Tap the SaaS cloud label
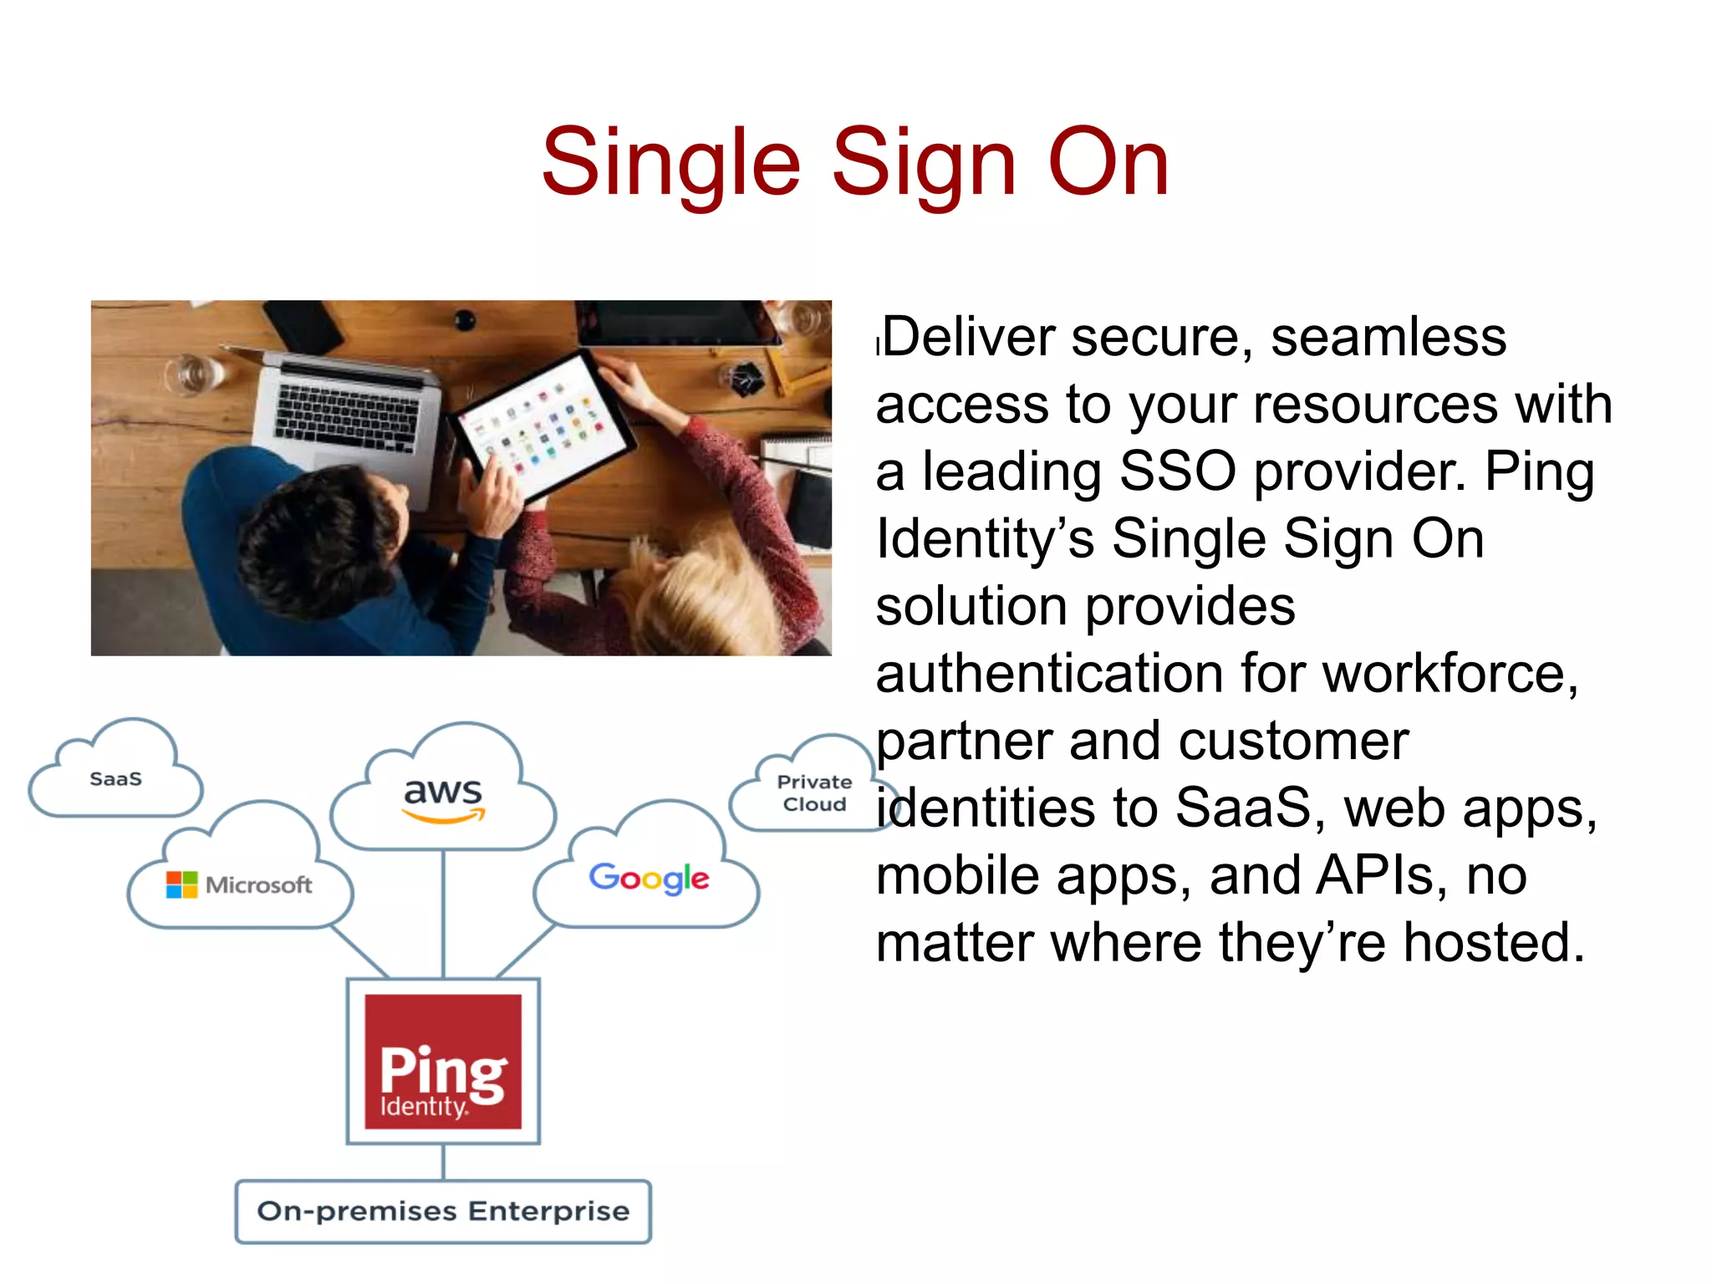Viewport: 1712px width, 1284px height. [x=115, y=779]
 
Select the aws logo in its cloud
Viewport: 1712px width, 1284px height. [x=443, y=795]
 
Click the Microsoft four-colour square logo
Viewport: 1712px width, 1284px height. [x=181, y=884]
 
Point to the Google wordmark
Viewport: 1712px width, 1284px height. [x=649, y=878]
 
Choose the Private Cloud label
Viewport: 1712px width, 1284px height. [x=814, y=792]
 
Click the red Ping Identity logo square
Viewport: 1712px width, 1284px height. [x=443, y=1062]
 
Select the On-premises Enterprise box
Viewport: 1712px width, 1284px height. [x=443, y=1211]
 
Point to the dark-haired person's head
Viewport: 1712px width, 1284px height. [x=322, y=535]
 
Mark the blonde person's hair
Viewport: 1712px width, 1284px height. [x=719, y=594]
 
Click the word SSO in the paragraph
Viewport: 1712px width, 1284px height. [x=1177, y=471]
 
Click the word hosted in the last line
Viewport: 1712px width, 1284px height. [x=1493, y=943]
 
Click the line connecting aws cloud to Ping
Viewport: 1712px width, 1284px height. [x=443, y=913]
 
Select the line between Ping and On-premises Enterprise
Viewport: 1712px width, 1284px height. [x=443, y=1162]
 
